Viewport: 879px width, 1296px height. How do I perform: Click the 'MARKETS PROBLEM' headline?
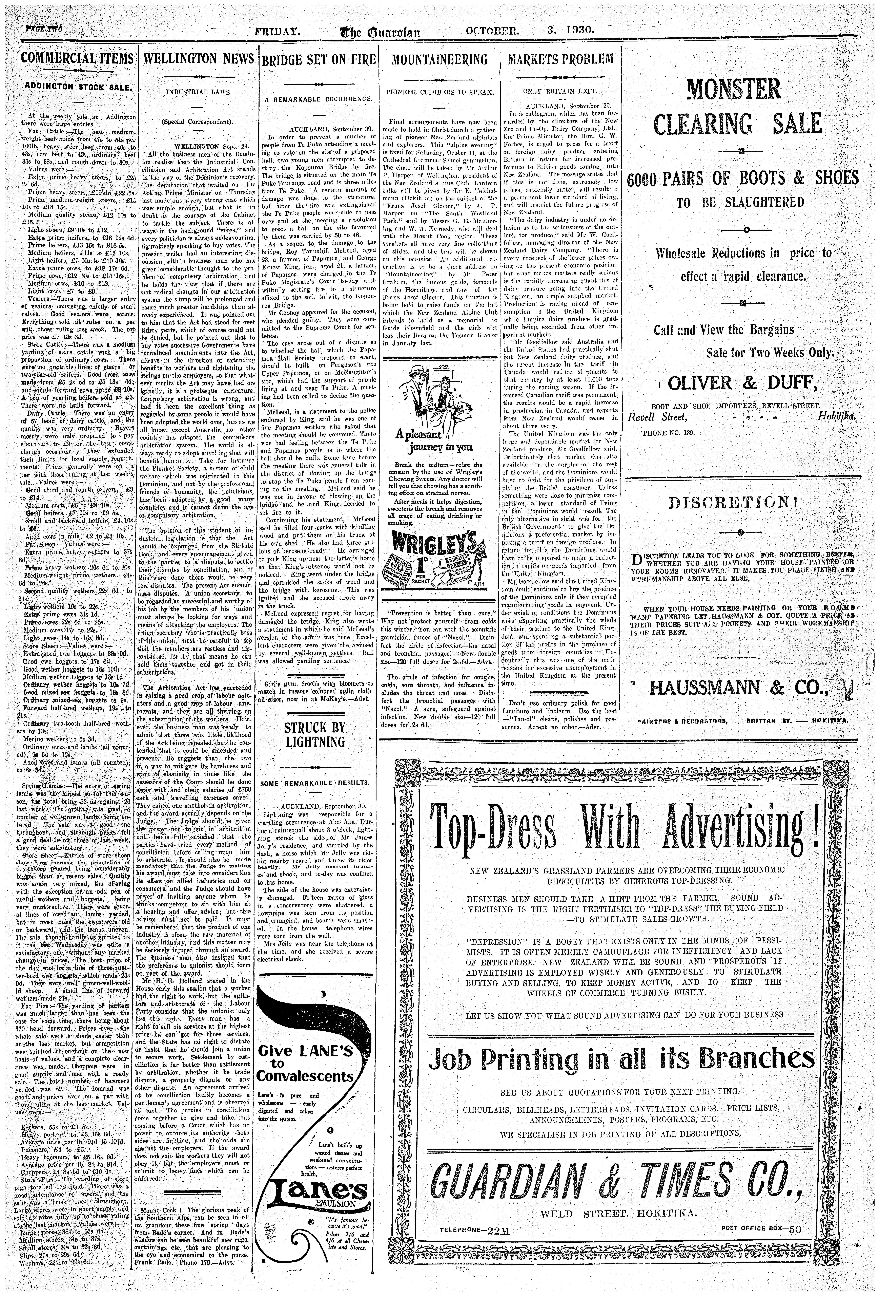point(561,59)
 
